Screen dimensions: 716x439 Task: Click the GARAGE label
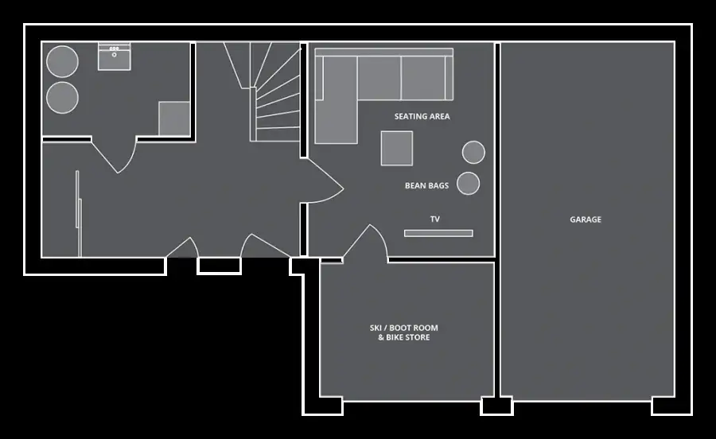coord(586,219)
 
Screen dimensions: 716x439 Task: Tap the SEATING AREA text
coord(422,116)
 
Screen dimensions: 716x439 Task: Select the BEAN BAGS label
coord(426,186)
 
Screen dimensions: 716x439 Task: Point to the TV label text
coord(434,219)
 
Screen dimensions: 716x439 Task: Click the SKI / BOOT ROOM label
coord(403,328)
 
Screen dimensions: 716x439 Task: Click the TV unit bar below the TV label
coord(438,233)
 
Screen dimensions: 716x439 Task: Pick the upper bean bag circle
coord(473,152)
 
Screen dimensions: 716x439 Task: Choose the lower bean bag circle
coord(468,184)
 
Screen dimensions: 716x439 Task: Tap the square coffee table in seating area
coord(397,148)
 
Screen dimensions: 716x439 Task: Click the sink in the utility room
coord(114,56)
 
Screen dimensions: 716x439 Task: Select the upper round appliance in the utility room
coord(62,61)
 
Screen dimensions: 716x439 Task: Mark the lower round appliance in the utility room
coord(62,98)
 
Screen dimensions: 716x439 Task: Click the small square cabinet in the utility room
coord(174,118)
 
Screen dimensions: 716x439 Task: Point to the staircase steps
coord(274,91)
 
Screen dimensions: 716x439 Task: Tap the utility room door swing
coord(114,155)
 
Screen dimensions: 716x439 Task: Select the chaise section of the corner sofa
coord(336,99)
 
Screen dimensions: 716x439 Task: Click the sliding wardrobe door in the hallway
coord(79,214)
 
